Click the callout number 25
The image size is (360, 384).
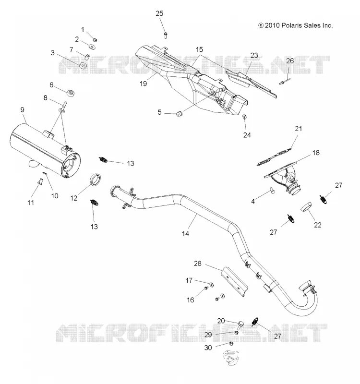coord(159,13)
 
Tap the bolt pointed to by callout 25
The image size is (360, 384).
coord(166,35)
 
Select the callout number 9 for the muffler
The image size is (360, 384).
coord(22,109)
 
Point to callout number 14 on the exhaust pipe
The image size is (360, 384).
coord(185,234)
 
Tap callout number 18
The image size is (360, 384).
coord(316,153)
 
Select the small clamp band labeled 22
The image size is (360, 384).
coord(306,206)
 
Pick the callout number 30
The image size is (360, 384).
coord(208,348)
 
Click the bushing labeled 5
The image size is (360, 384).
coord(180,114)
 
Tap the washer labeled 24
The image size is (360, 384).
coord(244,117)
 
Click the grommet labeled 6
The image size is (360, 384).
coord(71,93)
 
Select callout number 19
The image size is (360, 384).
coord(143,84)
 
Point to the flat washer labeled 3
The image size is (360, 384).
coord(83,66)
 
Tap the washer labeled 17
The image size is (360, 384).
coord(211,285)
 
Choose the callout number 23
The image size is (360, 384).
coord(254,55)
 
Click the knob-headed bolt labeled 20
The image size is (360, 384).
coord(240,325)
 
